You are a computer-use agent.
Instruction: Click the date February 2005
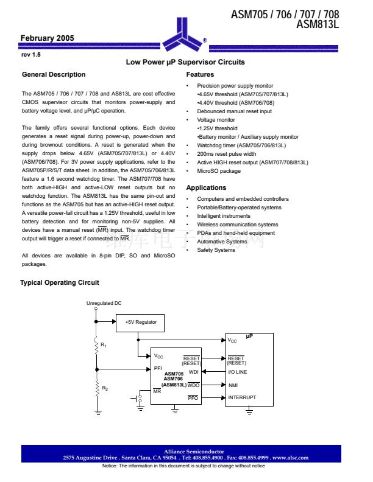point(48,38)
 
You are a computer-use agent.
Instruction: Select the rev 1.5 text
point(30,55)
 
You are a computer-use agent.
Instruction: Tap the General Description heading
point(54,75)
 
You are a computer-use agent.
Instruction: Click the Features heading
point(200,75)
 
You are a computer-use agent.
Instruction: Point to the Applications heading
point(206,188)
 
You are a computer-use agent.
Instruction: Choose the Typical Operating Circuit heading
point(60,283)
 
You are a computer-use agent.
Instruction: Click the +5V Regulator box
point(141,322)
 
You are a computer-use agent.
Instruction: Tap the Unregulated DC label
point(104,303)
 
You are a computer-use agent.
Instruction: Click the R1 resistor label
point(104,345)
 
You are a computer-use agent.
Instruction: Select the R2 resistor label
point(105,388)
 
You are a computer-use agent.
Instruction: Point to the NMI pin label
point(233,385)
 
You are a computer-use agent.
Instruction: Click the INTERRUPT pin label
point(242,398)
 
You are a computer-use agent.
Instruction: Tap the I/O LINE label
point(238,372)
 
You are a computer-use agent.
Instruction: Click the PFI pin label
point(158,368)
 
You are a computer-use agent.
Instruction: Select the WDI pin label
point(194,371)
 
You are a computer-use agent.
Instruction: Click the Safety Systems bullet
point(216,250)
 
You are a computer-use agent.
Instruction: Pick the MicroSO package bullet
point(219,171)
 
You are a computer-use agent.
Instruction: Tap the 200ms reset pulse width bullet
point(226,154)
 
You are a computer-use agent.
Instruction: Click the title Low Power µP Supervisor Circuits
point(185,62)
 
